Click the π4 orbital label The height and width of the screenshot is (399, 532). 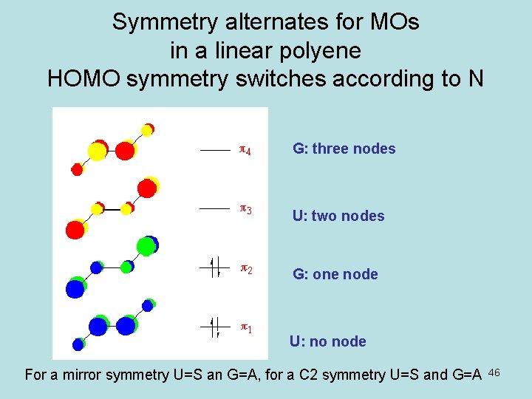[245, 151]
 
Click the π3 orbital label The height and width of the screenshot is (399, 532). [245, 210]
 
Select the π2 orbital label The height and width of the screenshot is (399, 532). [245, 269]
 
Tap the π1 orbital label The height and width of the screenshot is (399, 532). [245, 327]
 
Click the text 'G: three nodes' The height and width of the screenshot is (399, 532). [344, 149]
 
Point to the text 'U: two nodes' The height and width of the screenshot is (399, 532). [338, 216]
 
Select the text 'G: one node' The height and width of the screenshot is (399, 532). [335, 274]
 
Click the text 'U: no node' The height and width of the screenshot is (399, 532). [327, 341]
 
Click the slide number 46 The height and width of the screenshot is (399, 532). [494, 372]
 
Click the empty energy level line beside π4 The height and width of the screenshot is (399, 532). [215, 150]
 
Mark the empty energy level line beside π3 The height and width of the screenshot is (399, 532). [215, 208]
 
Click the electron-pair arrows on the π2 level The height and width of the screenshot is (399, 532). [215, 267]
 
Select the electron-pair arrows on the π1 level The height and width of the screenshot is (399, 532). [215, 325]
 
